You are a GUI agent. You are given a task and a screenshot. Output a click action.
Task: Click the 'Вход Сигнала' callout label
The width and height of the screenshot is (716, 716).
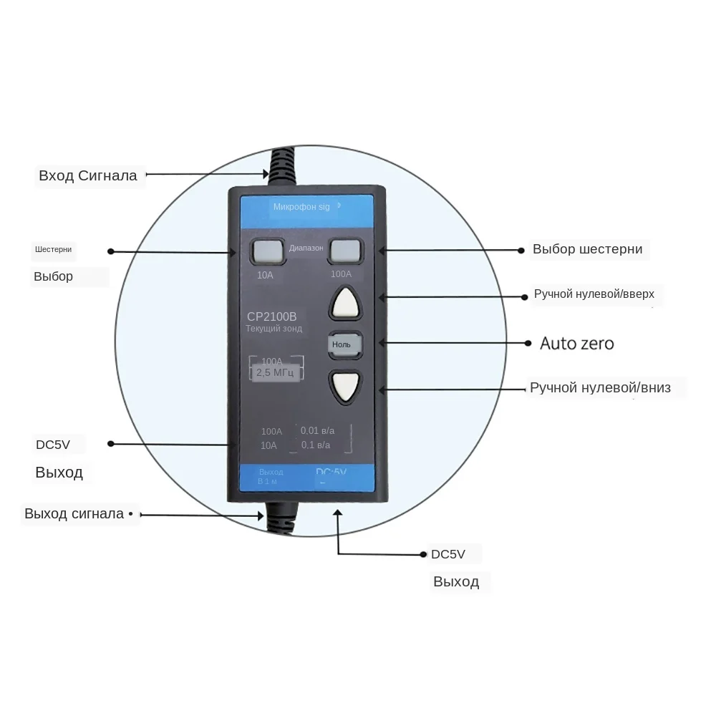click(x=87, y=175)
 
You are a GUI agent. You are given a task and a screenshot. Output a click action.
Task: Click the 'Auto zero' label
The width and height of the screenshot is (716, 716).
click(x=576, y=344)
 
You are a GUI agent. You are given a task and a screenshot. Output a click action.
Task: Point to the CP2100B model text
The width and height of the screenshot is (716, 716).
click(x=271, y=316)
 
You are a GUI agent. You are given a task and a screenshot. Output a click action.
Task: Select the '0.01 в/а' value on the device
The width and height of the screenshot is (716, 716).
click(x=317, y=430)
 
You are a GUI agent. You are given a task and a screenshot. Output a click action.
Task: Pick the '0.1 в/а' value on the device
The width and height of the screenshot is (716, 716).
click(x=316, y=445)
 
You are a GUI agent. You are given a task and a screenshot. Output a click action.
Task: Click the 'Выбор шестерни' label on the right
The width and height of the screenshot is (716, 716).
click(x=587, y=249)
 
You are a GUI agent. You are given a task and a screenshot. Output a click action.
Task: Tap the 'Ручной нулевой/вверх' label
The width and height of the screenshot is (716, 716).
click(x=594, y=294)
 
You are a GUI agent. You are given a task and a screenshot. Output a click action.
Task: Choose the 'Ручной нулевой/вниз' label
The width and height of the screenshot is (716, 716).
click(x=600, y=388)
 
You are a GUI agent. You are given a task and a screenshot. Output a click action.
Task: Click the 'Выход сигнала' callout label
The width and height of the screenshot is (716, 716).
click(x=74, y=513)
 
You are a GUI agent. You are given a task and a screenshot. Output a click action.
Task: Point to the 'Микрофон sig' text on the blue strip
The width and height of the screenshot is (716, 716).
click(x=301, y=206)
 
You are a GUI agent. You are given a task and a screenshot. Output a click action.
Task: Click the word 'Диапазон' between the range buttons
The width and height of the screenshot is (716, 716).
click(x=306, y=248)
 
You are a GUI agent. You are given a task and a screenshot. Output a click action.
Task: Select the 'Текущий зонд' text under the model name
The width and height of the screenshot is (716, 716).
click(x=274, y=329)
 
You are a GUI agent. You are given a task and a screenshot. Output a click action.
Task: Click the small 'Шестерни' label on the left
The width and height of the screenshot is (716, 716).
click(x=53, y=250)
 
